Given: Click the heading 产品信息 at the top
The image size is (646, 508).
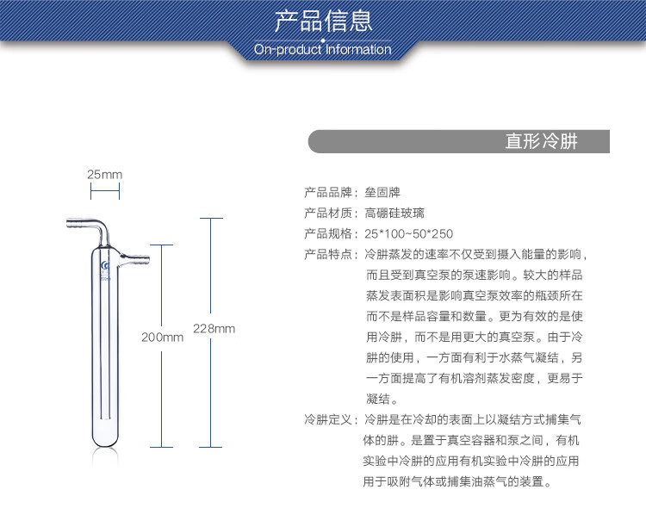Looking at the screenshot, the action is click(x=322, y=20).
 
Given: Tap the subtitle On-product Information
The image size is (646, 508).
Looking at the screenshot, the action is click(x=322, y=50).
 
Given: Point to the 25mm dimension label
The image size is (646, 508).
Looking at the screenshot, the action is click(x=104, y=174).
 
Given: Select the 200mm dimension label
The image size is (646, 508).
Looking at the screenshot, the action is click(x=162, y=338).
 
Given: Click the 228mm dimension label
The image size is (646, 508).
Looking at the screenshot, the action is click(x=214, y=329).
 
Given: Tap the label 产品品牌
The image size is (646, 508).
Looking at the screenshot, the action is click(x=329, y=192).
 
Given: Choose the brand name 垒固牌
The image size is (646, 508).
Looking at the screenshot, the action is click(x=383, y=192).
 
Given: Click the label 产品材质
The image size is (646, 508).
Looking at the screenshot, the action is click(x=329, y=213).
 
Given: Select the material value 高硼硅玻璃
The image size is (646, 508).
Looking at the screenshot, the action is click(x=394, y=213).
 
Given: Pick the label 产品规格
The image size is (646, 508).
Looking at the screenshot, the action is click(x=329, y=233).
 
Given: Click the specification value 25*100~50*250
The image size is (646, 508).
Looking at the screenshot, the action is click(x=409, y=233).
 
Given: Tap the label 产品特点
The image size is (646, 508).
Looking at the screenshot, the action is click(x=329, y=255).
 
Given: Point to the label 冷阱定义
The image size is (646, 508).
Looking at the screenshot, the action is click(x=329, y=420).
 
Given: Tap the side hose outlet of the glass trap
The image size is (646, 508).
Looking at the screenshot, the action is click(x=134, y=257).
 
